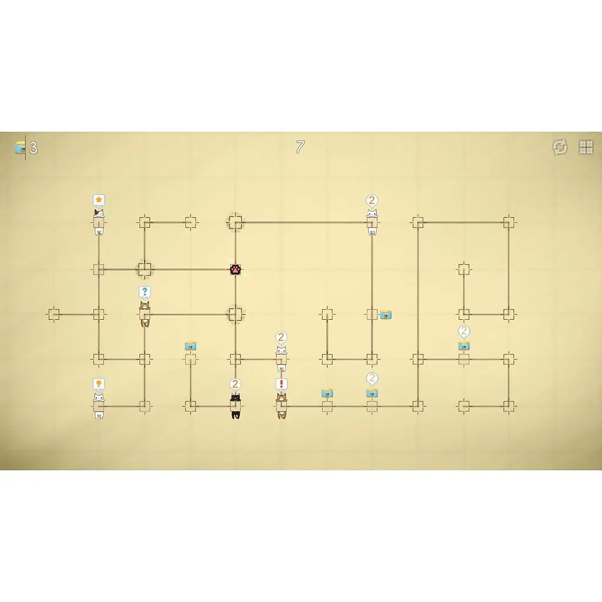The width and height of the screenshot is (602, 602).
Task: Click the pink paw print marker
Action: pos(235,269)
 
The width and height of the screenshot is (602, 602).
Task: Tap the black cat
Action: pos(235,406)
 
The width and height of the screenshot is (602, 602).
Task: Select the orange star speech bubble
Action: pos(99,200)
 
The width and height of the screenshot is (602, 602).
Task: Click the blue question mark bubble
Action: pos(145,292)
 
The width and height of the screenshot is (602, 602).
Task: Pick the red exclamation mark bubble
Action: pos(282,384)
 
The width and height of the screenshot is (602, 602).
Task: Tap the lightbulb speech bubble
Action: pos(99,384)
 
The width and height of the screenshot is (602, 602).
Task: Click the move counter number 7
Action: pos(300,146)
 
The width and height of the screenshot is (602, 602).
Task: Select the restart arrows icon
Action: pos(560,146)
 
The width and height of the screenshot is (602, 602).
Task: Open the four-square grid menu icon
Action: pos(586,146)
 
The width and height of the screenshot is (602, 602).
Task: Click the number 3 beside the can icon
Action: pos(34,148)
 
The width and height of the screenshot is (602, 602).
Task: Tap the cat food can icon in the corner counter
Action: pos(20,147)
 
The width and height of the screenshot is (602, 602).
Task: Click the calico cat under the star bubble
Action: pos(99,222)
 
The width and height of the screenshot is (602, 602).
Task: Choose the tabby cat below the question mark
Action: pos(145,314)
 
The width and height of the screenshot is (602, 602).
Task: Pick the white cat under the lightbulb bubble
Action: pos(99,406)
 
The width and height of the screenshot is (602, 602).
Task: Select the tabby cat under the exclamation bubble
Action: pos(282,406)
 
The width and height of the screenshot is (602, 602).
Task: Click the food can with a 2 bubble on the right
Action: pos(464,346)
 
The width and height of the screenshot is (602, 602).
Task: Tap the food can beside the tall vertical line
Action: pos(386,315)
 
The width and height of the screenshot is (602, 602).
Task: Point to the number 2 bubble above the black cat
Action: pos(235,384)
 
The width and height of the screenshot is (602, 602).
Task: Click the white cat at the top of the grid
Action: pos(372,222)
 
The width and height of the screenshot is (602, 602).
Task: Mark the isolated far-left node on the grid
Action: pos(53,315)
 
